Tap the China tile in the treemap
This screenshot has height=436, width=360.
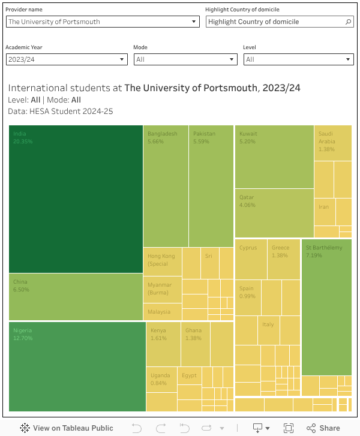click(x=76, y=297)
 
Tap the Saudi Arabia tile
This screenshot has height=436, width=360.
click(x=333, y=143)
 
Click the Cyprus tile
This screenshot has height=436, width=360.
click(x=251, y=259)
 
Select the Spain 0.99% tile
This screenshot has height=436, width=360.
click(x=247, y=297)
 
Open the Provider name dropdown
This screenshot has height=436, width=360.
click(x=103, y=22)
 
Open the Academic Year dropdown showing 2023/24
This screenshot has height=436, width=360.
click(x=67, y=59)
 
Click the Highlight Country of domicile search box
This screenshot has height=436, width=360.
click(x=276, y=22)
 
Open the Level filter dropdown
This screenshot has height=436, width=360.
click(x=298, y=59)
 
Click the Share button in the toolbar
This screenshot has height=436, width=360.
click(x=323, y=428)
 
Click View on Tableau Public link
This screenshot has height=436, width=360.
click(x=67, y=428)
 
